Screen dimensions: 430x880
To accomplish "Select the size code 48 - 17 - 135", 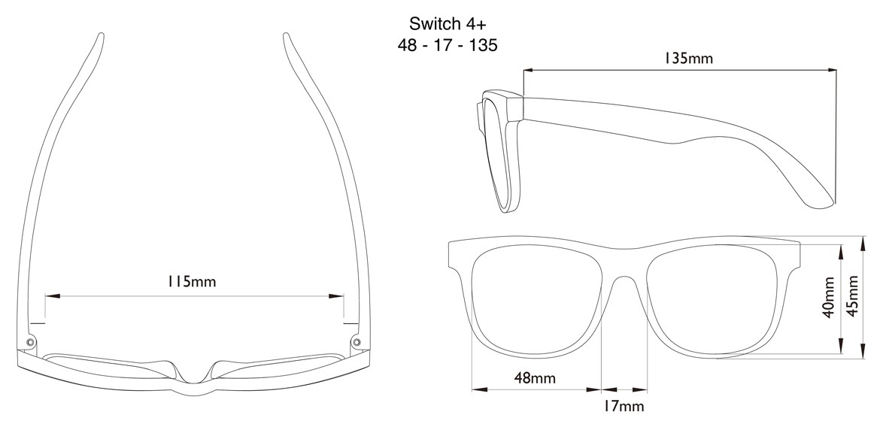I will click(448, 45).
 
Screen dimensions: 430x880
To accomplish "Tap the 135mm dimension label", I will click(688, 58).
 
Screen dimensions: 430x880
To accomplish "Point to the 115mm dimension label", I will click(191, 282).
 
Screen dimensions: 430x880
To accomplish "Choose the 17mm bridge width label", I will click(624, 407).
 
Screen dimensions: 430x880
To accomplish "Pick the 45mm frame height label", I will click(854, 297).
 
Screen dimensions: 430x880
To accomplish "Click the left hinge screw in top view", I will click(30, 342).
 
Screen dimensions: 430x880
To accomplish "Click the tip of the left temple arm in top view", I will click(100, 35).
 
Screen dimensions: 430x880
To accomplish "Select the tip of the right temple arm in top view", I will click(287, 35).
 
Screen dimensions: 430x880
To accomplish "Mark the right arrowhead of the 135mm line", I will click(833, 71).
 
